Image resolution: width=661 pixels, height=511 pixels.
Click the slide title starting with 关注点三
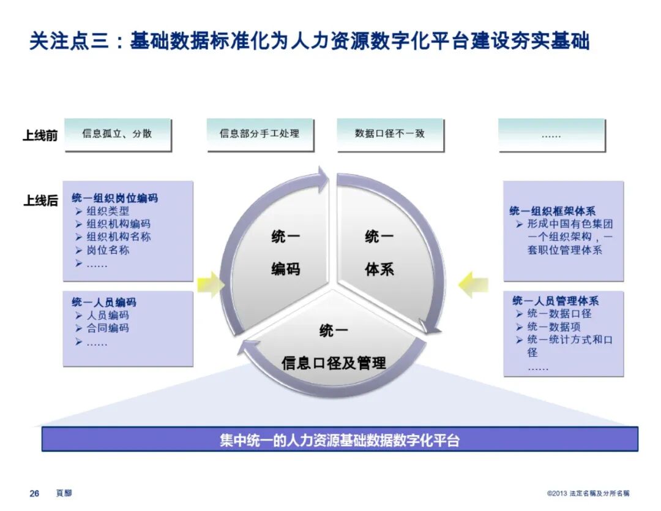coord(309,41)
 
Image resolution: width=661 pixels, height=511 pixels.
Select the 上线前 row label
coord(40,135)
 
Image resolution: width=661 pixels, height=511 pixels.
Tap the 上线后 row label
coord(40,200)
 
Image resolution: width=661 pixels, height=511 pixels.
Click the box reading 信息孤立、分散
coord(117,134)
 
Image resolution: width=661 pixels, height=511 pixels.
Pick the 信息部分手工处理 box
coord(260,134)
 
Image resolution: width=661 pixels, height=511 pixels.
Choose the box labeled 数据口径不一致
coord(389,134)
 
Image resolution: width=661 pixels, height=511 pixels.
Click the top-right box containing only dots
coord(551,134)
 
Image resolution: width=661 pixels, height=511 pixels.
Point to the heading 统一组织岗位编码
coord(114,198)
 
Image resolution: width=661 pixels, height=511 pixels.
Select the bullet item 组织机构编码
coord(118,224)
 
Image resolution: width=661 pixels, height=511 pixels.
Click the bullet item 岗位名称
coord(108,250)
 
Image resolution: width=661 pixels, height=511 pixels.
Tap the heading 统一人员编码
coord(103,302)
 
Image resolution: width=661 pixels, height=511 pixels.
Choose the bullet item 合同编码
coord(108,328)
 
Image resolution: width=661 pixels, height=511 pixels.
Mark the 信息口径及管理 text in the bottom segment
coord(334,363)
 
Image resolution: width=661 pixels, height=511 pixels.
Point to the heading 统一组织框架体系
coord(552,211)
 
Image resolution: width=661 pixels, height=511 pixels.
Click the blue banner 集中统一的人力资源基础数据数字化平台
coord(340,439)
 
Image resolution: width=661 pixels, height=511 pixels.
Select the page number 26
coord(34,493)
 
